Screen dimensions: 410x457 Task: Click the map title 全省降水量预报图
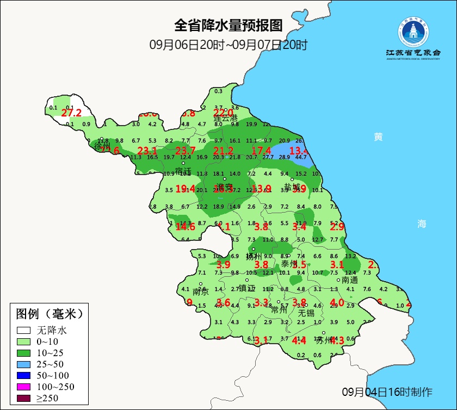(228, 26)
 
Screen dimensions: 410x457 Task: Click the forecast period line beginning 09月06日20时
(228, 45)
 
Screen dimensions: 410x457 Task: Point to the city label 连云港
(225, 117)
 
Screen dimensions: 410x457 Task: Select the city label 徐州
(102, 147)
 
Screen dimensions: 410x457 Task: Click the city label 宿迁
(183, 171)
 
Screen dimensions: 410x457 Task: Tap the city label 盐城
(292, 187)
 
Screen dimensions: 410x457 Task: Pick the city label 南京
(201, 291)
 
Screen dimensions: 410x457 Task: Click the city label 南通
(350, 280)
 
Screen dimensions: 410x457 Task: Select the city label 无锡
(306, 313)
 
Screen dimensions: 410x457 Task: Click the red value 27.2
(71, 113)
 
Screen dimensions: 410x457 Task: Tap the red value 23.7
(186, 151)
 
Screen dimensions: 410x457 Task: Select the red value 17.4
(261, 151)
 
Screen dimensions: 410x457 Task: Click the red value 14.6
(185, 227)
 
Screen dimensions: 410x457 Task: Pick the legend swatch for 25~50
(23, 364)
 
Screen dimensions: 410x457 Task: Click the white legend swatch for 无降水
(23, 330)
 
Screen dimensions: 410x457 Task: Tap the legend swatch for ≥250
(23, 398)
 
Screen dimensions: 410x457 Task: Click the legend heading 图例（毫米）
(49, 314)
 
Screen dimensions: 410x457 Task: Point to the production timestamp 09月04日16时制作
(387, 392)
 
